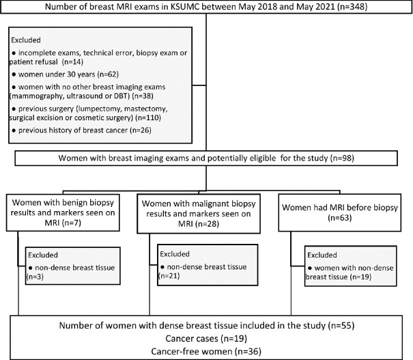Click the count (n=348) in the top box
pos(352,6)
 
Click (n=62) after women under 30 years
pos(108,74)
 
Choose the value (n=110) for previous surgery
pos(148,117)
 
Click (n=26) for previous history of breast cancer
pos(141,130)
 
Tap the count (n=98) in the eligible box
pos(342,158)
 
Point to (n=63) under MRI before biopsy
pos(340,218)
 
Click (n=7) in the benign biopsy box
pos(72,223)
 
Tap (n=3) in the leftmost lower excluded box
pos(35,277)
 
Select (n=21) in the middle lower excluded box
pos(169,276)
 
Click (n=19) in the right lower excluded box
pos(360,277)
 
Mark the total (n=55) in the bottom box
pos(341,326)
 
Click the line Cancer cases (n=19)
pos(206,339)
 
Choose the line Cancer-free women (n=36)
pos(206,352)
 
